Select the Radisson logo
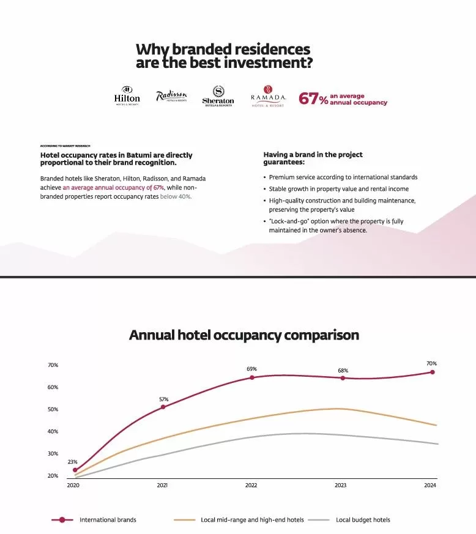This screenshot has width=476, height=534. coord(171,97)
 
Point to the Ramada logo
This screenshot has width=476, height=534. coord(268,97)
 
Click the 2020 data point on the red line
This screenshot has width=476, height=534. coord(75,470)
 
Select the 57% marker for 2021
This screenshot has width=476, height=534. coord(163,407)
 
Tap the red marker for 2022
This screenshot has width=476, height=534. coord(251,377)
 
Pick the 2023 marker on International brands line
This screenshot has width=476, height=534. coord(343,378)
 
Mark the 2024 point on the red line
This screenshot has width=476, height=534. coord(432,372)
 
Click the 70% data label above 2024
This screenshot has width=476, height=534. coord(431,363)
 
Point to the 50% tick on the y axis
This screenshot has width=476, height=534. coord(53,409)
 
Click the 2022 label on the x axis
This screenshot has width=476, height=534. coord(251,486)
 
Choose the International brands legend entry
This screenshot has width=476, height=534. coord(108,520)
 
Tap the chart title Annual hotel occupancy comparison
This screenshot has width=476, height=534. coord(244,335)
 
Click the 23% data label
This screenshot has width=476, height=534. coord(72,462)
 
